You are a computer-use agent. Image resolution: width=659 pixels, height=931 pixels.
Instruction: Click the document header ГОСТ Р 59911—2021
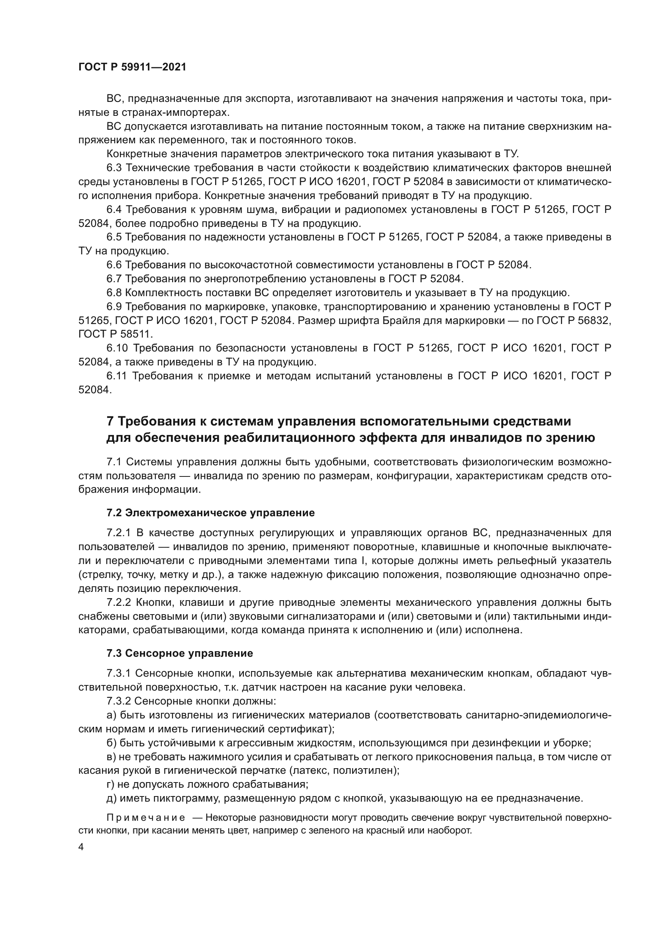132,67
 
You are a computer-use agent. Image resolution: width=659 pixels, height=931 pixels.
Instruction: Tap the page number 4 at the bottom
81,847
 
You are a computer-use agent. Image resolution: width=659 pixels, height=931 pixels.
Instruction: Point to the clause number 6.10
117,348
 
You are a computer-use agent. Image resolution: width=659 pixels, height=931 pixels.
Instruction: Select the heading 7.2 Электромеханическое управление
211,513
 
